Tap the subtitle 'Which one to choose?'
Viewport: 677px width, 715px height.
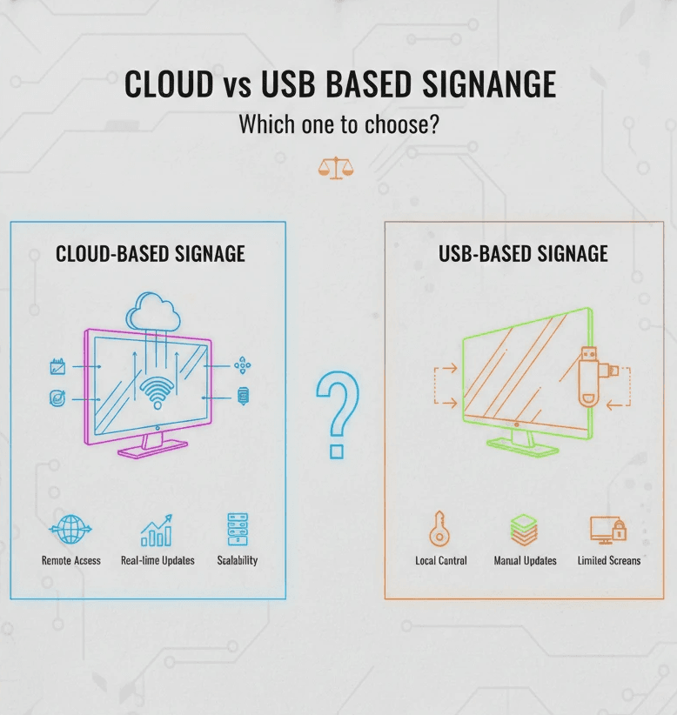click(x=338, y=124)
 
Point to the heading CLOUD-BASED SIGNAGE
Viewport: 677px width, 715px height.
click(x=151, y=254)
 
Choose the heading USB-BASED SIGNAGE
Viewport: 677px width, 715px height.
click(x=524, y=254)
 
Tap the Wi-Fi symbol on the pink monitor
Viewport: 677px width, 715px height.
click(x=157, y=393)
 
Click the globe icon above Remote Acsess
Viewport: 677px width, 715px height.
click(x=70, y=529)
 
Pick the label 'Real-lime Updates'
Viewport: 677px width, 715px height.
click(x=158, y=561)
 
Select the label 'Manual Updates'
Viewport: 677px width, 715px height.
click(x=525, y=561)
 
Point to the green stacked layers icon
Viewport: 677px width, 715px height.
click(x=524, y=529)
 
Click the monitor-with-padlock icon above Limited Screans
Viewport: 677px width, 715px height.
click(x=607, y=529)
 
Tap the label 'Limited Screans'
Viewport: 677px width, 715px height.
click(x=608, y=561)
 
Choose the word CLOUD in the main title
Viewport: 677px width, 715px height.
click(x=168, y=84)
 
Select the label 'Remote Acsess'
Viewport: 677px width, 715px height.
click(x=71, y=561)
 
